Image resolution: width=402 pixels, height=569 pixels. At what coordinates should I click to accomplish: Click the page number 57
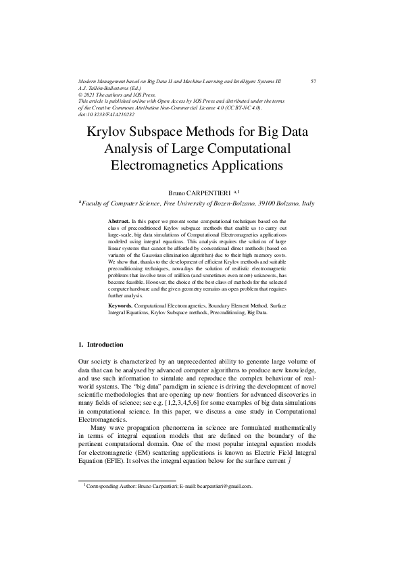313,81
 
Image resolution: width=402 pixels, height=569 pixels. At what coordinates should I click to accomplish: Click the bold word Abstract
119,221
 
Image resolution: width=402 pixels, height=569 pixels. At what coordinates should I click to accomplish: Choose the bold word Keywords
121,306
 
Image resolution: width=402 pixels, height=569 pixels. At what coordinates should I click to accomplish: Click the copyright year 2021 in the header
93,95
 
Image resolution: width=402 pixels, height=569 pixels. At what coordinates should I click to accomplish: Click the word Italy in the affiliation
309,203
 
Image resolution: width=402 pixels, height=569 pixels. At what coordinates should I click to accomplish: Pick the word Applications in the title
236,164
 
